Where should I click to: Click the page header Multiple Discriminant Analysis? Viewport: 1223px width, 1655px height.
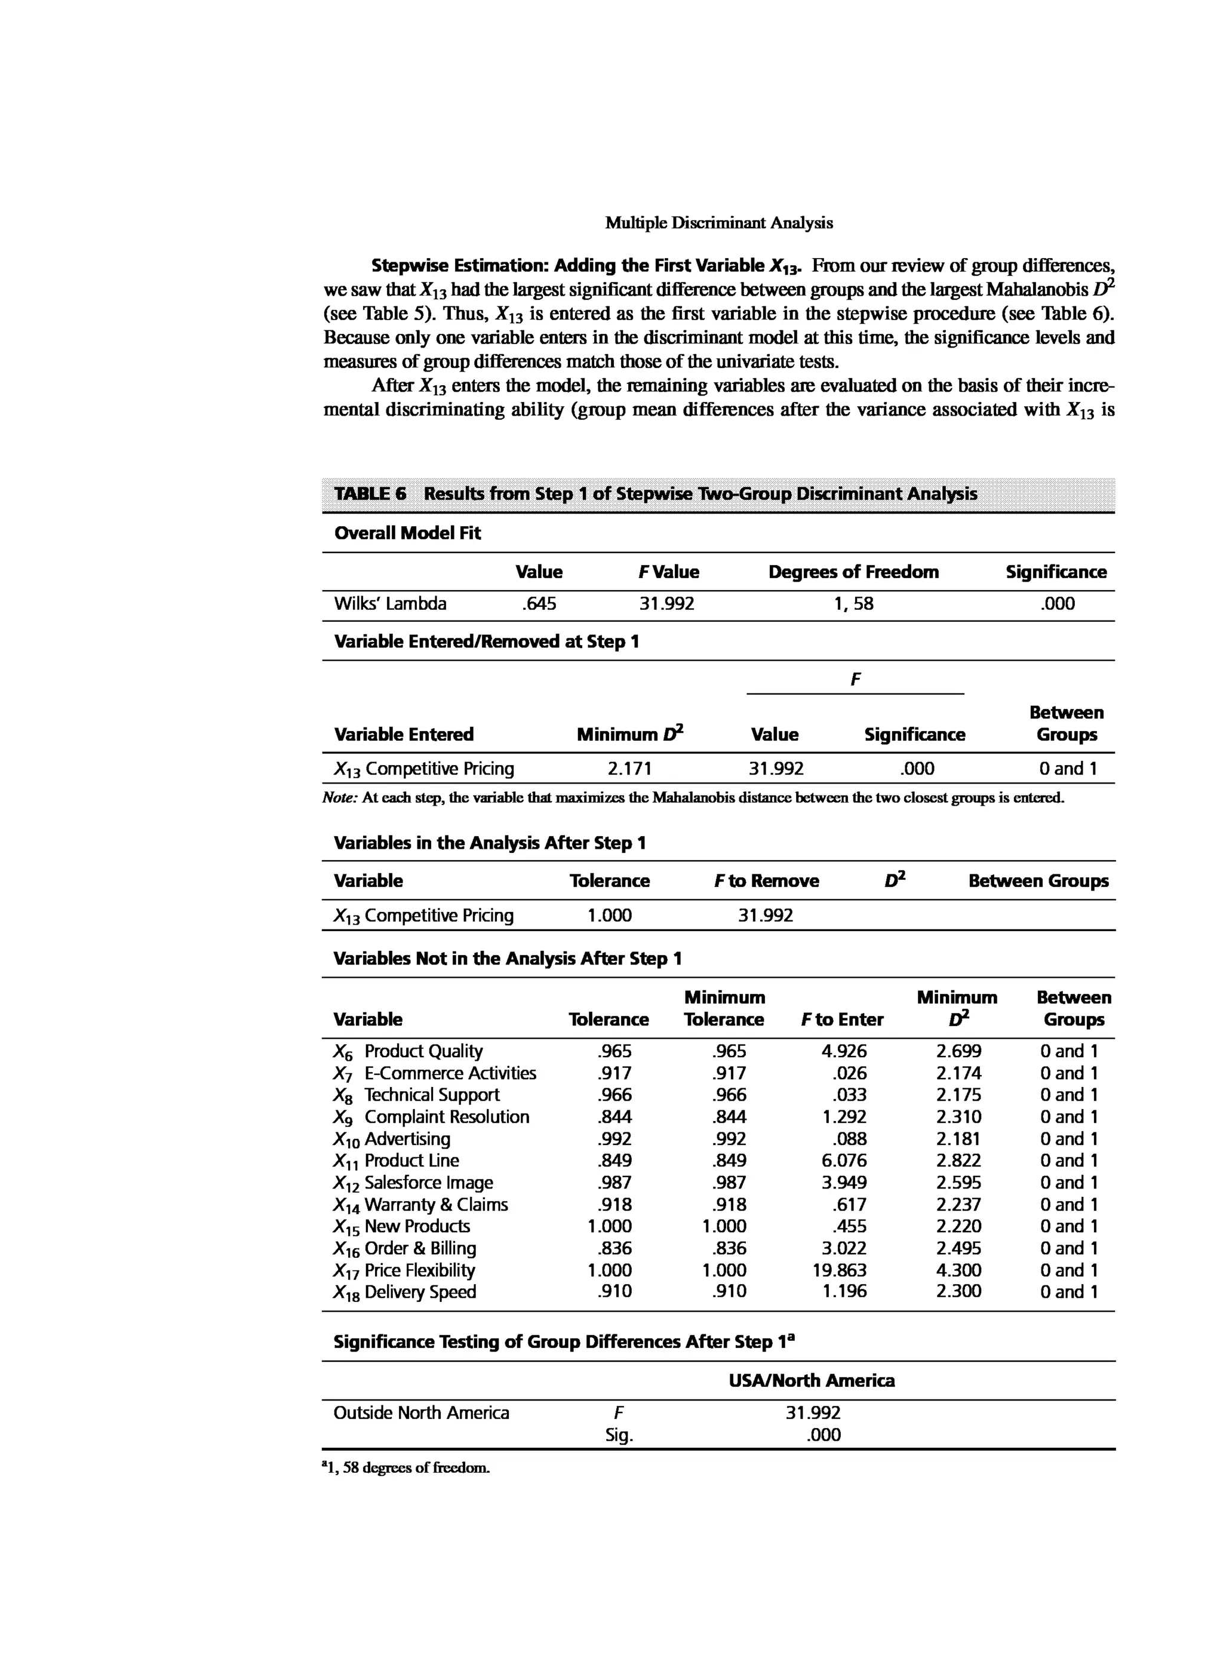pos(718,223)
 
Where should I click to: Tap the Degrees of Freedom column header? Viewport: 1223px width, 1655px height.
pos(853,572)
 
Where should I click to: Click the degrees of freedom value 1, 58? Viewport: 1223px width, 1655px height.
pos(853,604)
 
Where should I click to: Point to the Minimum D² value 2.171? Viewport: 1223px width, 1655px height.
pos(629,769)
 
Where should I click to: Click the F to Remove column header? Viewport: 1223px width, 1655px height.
pos(766,881)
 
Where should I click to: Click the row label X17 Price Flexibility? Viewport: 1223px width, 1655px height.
pos(404,1271)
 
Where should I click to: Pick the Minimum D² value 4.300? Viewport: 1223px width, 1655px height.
pos(958,1271)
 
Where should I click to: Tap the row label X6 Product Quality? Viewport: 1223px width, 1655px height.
pos(408,1052)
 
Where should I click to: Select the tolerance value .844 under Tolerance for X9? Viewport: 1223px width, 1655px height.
pos(614,1117)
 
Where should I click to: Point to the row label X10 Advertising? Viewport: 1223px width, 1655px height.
pos(392,1139)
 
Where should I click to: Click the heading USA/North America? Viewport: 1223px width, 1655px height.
pos(812,1381)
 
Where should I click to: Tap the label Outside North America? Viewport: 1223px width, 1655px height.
pos(421,1413)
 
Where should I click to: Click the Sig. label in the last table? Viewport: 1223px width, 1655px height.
pos(619,1435)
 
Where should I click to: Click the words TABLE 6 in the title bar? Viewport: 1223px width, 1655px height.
pos(370,494)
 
